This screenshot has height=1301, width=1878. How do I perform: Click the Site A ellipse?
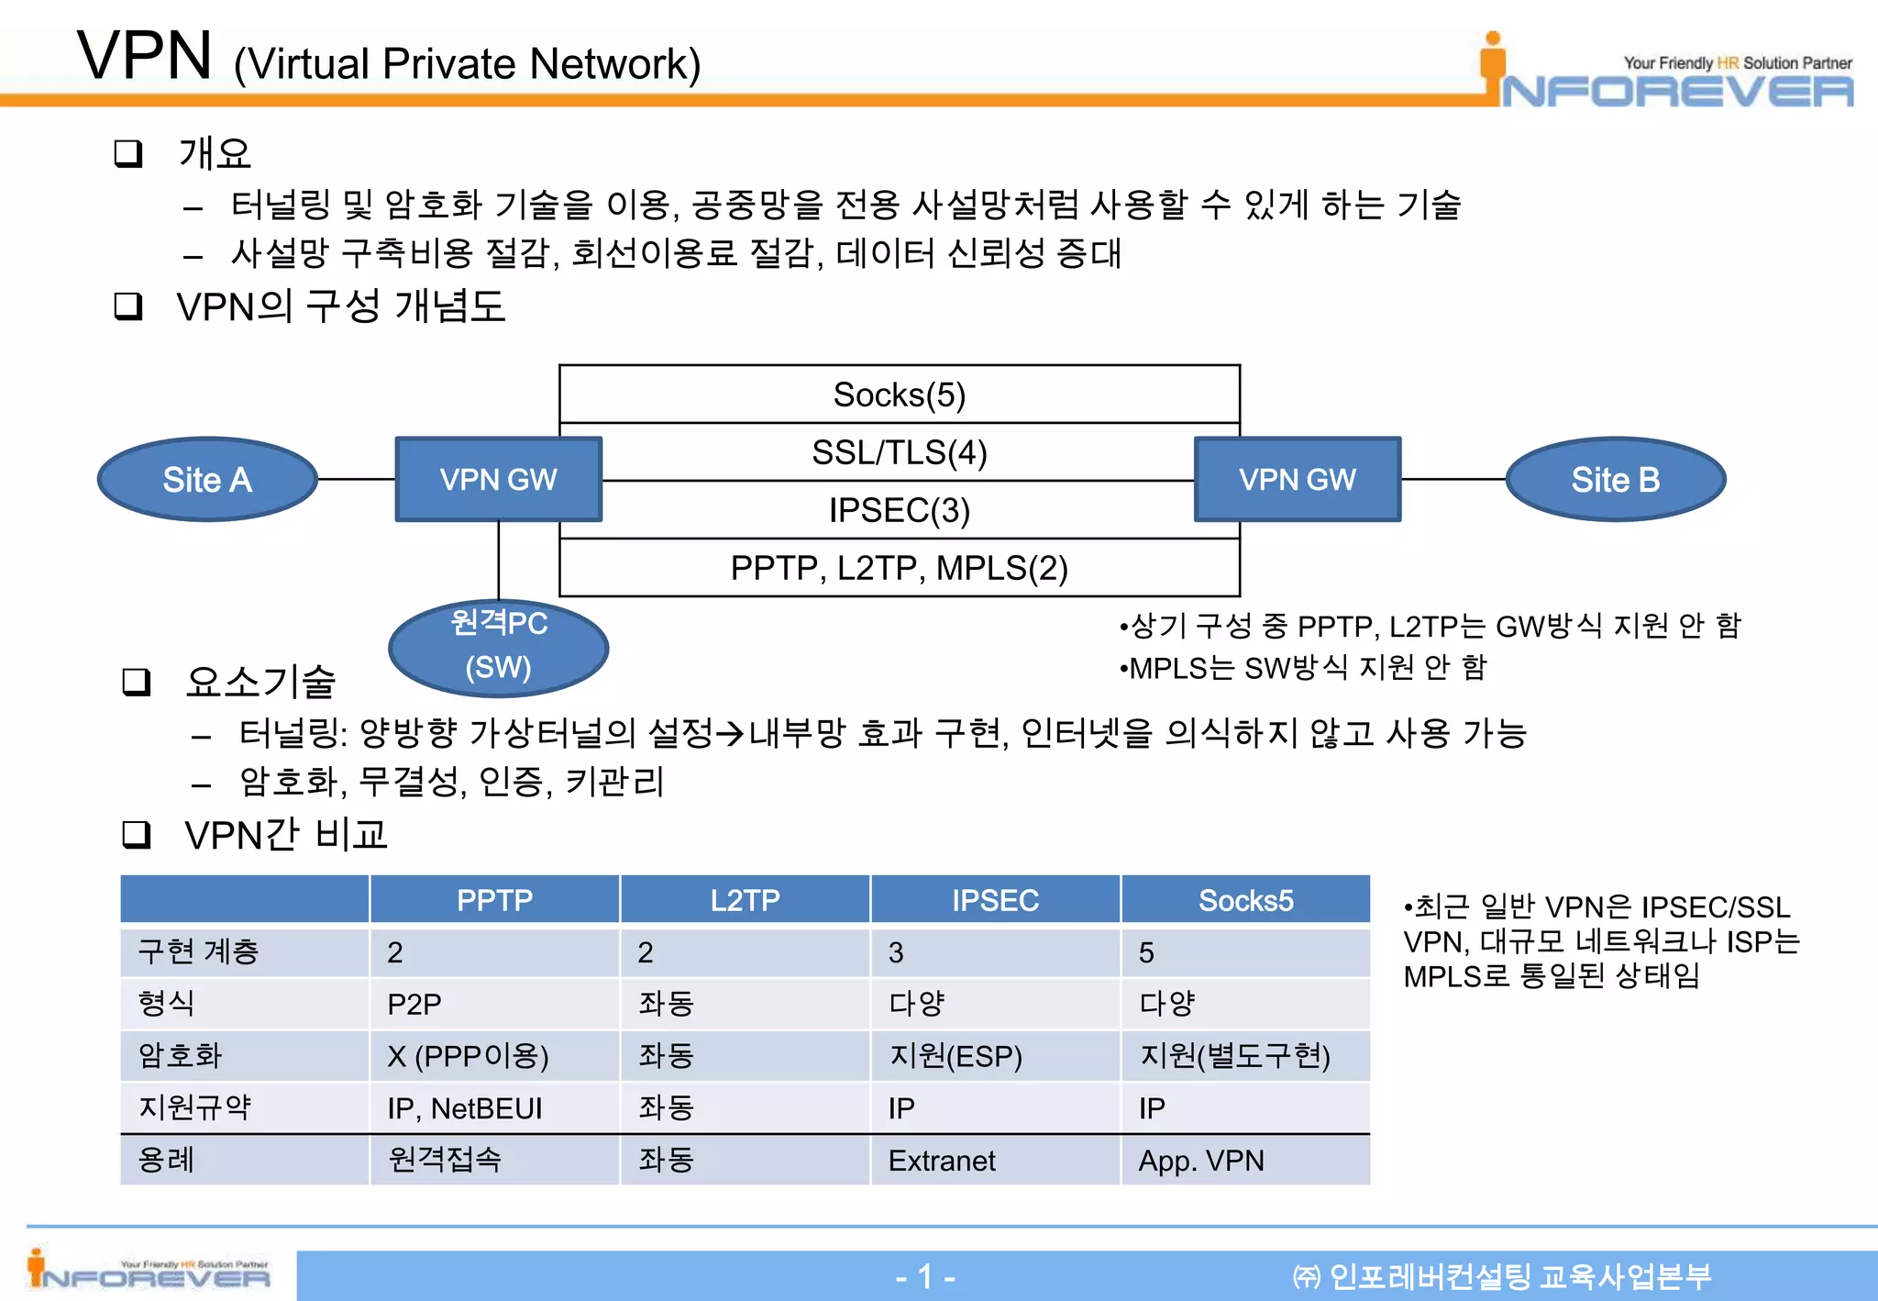tap(207, 480)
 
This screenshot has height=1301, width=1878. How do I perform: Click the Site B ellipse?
tap(1615, 480)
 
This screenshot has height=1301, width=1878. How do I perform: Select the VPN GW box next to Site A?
tap(498, 480)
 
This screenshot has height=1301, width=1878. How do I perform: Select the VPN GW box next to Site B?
tap(1297, 480)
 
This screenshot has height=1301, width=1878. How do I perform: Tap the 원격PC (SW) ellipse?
tap(498, 646)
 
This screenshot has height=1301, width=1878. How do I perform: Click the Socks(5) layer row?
tap(899, 395)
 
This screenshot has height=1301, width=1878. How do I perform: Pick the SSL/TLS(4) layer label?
tap(899, 452)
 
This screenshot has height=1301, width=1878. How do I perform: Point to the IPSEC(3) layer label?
tap(899, 510)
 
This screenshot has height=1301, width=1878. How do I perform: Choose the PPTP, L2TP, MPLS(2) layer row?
tap(899, 568)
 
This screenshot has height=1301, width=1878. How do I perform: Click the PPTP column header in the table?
tap(494, 900)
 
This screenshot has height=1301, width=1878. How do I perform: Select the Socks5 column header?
tap(1245, 900)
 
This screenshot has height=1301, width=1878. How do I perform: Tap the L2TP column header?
tap(745, 900)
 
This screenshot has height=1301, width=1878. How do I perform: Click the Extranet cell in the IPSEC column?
tap(942, 1161)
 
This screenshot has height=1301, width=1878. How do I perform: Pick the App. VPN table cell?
tap(1201, 1161)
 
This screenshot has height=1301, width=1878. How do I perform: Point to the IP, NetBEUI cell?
tap(465, 1108)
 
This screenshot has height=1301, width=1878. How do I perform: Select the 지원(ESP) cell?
tap(955, 1056)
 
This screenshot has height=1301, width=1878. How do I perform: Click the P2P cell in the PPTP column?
tap(414, 1004)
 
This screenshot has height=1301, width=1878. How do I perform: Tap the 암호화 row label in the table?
tap(181, 1056)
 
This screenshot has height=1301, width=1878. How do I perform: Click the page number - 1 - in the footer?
tap(925, 1276)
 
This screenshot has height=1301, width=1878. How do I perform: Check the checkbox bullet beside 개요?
tap(128, 153)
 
